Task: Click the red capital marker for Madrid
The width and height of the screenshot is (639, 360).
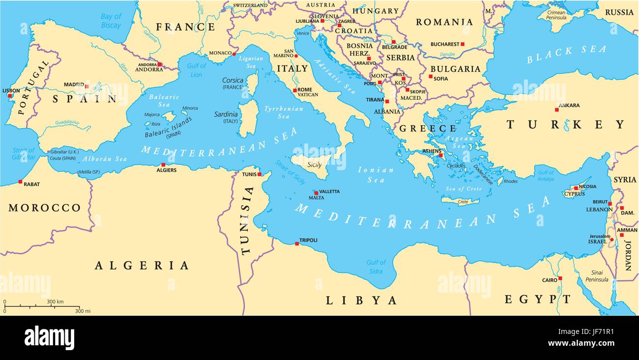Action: [87, 87]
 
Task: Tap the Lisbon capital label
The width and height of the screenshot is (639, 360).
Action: [11, 90]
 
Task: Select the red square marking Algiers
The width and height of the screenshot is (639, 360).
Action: [163, 165]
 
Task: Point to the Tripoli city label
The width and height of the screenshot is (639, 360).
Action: [308, 240]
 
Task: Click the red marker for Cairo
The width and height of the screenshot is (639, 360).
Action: [560, 278]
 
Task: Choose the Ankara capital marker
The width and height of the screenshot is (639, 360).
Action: [556, 110]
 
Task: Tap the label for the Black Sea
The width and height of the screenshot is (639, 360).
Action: [566, 54]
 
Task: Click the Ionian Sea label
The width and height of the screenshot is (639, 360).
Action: [376, 175]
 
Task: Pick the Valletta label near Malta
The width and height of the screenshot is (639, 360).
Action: [329, 191]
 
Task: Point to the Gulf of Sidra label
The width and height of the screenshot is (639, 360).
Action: [376, 267]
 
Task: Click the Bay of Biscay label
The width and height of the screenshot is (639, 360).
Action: [111, 21]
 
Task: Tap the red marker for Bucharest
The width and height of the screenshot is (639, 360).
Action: [462, 44]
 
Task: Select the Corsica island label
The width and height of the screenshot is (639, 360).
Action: [233, 80]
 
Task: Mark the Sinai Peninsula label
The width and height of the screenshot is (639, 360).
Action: [596, 276]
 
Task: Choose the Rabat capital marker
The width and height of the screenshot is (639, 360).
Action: [20, 181]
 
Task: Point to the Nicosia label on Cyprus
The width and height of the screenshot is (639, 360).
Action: [587, 186]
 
